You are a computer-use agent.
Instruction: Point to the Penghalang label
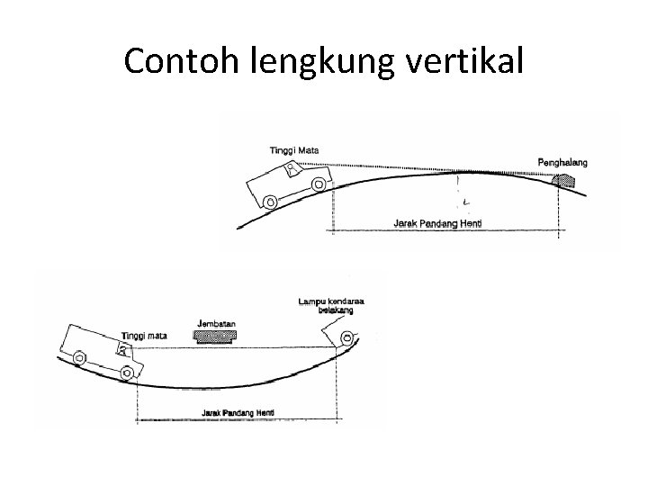(562, 162)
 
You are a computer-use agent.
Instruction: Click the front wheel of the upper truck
(318, 184)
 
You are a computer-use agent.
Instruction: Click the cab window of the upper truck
(290, 168)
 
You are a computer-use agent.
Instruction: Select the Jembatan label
(213, 321)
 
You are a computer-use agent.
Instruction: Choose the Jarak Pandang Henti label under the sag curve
(238, 412)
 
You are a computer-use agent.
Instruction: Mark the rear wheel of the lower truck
(79, 357)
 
